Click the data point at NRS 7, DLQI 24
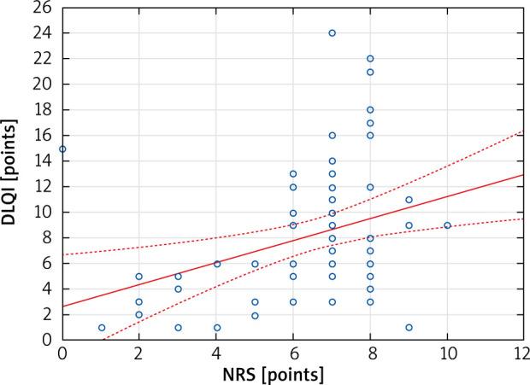click(x=332, y=33)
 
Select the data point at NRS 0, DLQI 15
click(x=62, y=149)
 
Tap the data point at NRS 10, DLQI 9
click(x=447, y=225)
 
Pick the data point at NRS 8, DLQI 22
click(x=370, y=59)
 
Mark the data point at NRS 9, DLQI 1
click(x=409, y=328)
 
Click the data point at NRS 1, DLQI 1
click(x=101, y=328)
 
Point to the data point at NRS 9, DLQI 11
click(x=409, y=200)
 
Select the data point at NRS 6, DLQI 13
click(x=293, y=174)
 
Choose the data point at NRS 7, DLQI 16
click(x=332, y=136)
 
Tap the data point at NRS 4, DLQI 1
click(x=216, y=328)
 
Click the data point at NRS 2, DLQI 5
click(x=139, y=277)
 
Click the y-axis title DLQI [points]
click(x=12, y=173)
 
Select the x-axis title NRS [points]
click(x=291, y=375)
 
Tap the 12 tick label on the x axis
click(x=523, y=353)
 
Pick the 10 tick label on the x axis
click(x=447, y=353)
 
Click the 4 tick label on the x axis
click(x=216, y=353)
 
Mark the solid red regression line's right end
click(x=523, y=175)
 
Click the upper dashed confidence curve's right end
click(x=523, y=131)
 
